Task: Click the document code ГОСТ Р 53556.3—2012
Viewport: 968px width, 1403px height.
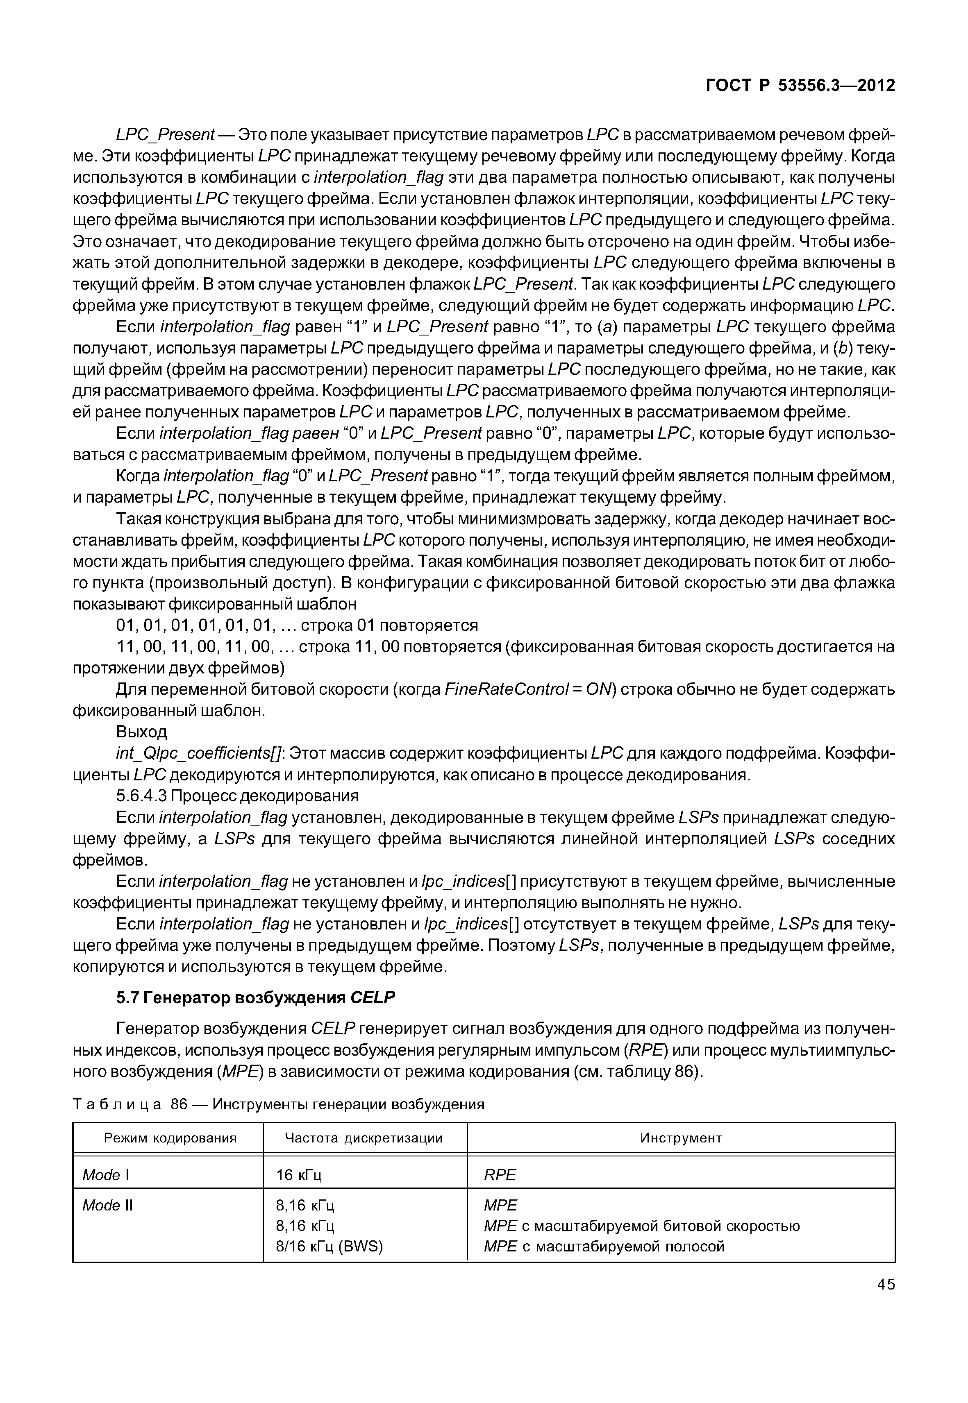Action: click(x=800, y=86)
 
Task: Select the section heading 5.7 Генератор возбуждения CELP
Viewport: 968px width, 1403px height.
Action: click(x=255, y=997)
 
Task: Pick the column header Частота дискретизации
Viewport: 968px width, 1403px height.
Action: click(x=364, y=1138)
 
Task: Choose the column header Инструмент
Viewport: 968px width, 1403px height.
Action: click(x=681, y=1138)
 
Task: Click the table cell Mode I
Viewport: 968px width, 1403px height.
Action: click(x=106, y=1175)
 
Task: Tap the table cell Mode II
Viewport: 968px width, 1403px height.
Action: click(x=107, y=1205)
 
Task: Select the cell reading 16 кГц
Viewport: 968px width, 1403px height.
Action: click(x=299, y=1175)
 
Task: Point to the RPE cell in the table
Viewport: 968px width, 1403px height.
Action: click(x=499, y=1175)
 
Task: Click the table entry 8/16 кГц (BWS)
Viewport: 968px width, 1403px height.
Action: click(x=329, y=1247)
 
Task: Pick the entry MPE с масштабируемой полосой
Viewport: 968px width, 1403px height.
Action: click(x=604, y=1247)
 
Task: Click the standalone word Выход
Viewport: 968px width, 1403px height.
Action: click(x=141, y=732)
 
